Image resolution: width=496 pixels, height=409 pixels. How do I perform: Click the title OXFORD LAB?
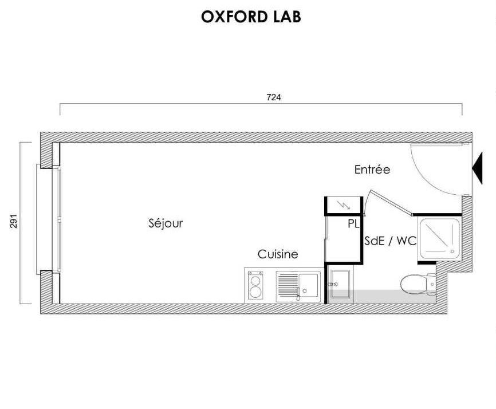point(251,17)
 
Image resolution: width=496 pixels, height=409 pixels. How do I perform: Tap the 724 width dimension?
point(274,97)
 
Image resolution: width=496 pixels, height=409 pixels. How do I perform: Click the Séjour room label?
point(166,223)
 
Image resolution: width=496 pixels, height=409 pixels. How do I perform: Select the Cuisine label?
point(278,254)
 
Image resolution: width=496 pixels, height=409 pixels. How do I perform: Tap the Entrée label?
point(372,170)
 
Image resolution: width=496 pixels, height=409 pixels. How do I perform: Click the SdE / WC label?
point(391,241)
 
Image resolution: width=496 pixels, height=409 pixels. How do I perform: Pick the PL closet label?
point(353,224)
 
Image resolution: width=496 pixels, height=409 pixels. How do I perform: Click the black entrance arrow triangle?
point(478,168)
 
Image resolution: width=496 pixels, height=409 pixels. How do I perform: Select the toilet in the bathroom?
point(418,284)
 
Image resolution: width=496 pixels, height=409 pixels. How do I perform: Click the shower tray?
point(440,238)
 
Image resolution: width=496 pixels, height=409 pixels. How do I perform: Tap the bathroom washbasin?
point(340,284)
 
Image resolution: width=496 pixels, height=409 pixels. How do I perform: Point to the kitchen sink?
point(298,286)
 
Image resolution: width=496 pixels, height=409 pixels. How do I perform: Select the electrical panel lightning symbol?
point(344,205)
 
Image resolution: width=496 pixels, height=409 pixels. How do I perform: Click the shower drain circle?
point(452,251)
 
